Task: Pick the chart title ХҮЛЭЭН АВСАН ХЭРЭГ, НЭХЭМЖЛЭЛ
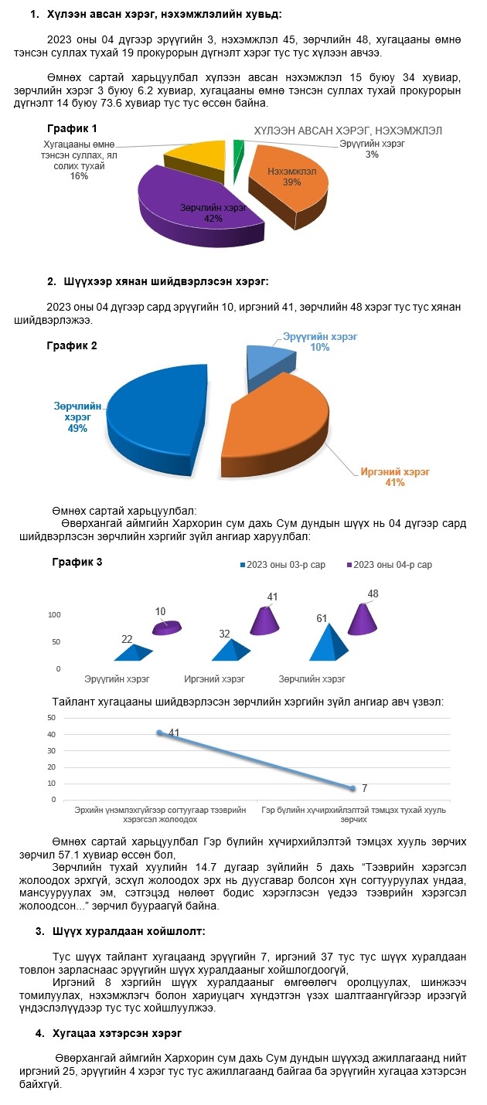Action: (x=348, y=131)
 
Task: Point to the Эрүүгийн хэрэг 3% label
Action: (x=372, y=149)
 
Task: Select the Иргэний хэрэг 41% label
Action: (x=395, y=477)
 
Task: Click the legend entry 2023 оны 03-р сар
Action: (x=283, y=565)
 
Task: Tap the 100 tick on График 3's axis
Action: (x=54, y=614)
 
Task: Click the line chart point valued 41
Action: (x=159, y=733)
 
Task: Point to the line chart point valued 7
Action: (x=352, y=788)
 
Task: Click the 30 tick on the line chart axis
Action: (x=52, y=751)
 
